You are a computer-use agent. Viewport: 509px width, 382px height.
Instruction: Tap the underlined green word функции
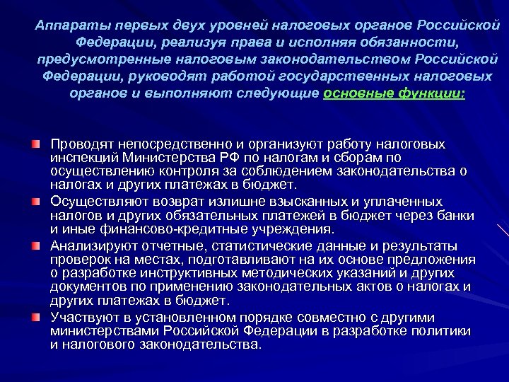432,93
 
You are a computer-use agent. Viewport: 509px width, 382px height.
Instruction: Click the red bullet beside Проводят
35,144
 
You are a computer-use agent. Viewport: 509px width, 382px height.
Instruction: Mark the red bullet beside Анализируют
35,245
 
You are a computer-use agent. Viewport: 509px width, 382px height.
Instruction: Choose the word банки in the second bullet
456,216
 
